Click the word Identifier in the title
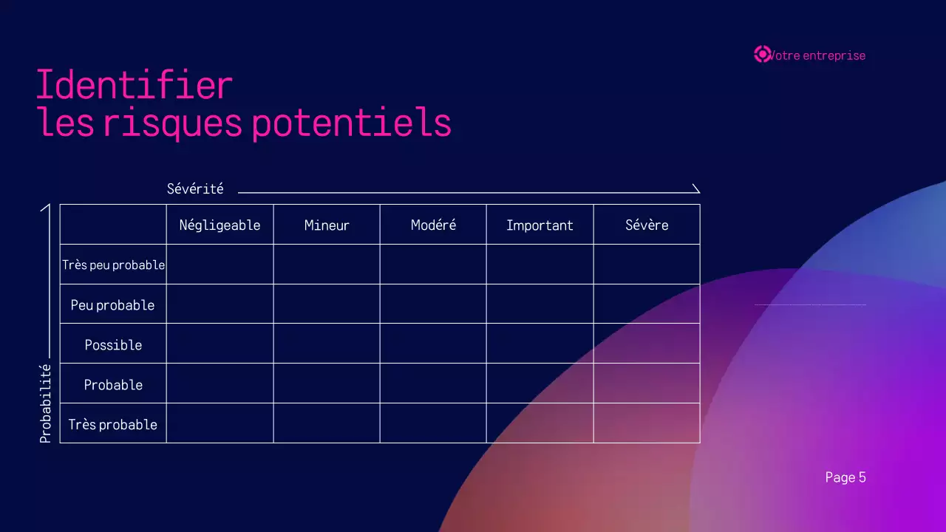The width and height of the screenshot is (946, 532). click(x=135, y=85)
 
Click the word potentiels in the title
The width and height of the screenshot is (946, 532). click(x=351, y=123)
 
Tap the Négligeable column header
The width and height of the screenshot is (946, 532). click(x=220, y=225)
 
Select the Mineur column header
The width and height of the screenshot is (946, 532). click(x=327, y=225)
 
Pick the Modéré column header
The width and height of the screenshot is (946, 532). click(x=433, y=225)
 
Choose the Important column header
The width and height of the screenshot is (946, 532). click(x=540, y=225)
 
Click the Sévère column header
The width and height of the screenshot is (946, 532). click(x=647, y=225)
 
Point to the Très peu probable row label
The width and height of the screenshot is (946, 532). click(x=113, y=265)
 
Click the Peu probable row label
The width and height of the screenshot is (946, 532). click(x=113, y=305)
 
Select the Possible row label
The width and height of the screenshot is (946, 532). click(x=113, y=345)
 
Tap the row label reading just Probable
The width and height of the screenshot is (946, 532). click(x=113, y=385)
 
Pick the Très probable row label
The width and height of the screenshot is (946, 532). click(x=113, y=425)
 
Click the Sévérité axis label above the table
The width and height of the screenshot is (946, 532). click(x=195, y=189)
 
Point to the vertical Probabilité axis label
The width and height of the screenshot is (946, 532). click(x=46, y=403)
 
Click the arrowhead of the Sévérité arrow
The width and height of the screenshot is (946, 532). click(x=695, y=189)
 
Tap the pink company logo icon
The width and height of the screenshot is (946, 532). click(x=762, y=55)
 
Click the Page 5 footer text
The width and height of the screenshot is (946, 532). click(x=845, y=477)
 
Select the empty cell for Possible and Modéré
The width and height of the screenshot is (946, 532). click(x=433, y=344)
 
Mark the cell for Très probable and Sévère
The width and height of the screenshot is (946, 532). click(x=647, y=423)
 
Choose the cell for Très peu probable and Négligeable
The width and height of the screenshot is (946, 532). click(x=220, y=265)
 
